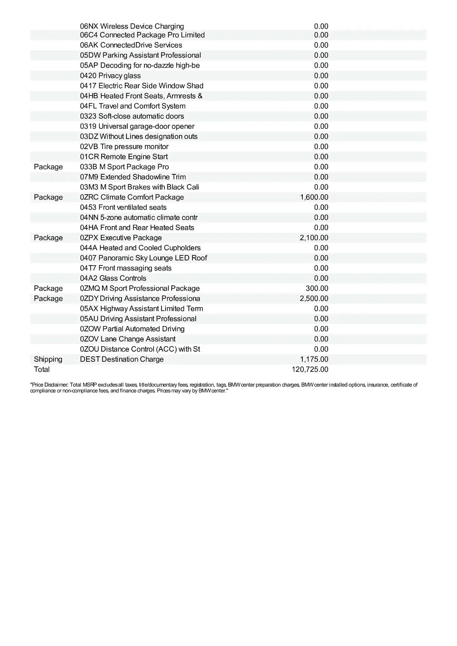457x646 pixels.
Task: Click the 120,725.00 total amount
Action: [x=310, y=369]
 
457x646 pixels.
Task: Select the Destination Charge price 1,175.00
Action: [x=314, y=359]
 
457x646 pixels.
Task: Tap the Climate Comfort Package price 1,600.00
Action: [x=314, y=197]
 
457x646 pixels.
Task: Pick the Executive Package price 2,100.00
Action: [x=314, y=238]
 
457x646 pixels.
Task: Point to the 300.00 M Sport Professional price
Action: [x=317, y=288]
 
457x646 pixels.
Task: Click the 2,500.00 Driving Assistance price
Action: [x=314, y=298]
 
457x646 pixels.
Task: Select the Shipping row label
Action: [x=48, y=359]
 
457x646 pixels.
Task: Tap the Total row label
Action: [x=42, y=369]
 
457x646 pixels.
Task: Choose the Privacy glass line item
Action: [x=110, y=76]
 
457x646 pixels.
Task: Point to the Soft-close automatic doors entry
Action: [x=132, y=116]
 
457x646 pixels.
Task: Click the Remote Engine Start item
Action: [x=124, y=157]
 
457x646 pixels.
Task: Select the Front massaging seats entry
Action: [x=126, y=268]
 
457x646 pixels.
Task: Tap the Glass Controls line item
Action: [x=113, y=278]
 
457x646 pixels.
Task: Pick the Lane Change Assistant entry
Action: [x=128, y=339]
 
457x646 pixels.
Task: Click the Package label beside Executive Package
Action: [x=48, y=238]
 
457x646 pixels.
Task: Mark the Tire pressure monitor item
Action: [x=124, y=147]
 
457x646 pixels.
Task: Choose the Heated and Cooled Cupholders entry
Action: [x=140, y=248]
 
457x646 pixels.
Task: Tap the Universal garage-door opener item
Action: [x=137, y=127]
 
